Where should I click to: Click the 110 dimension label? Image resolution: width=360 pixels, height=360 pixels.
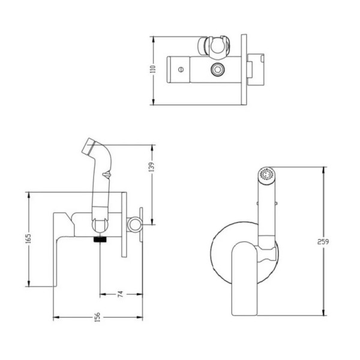point(151,70)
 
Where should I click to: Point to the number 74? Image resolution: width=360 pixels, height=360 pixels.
point(120,294)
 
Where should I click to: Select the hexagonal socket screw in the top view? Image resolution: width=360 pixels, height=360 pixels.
point(216,70)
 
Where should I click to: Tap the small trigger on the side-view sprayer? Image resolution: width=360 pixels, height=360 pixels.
point(106,175)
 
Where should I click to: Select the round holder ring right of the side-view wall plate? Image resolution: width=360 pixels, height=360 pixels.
point(136,226)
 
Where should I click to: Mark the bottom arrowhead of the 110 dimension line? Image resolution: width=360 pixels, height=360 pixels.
point(155,100)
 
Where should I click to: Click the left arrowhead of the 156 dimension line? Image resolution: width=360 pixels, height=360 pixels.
point(56,317)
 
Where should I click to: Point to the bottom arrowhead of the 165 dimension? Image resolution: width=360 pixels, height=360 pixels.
point(29,284)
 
